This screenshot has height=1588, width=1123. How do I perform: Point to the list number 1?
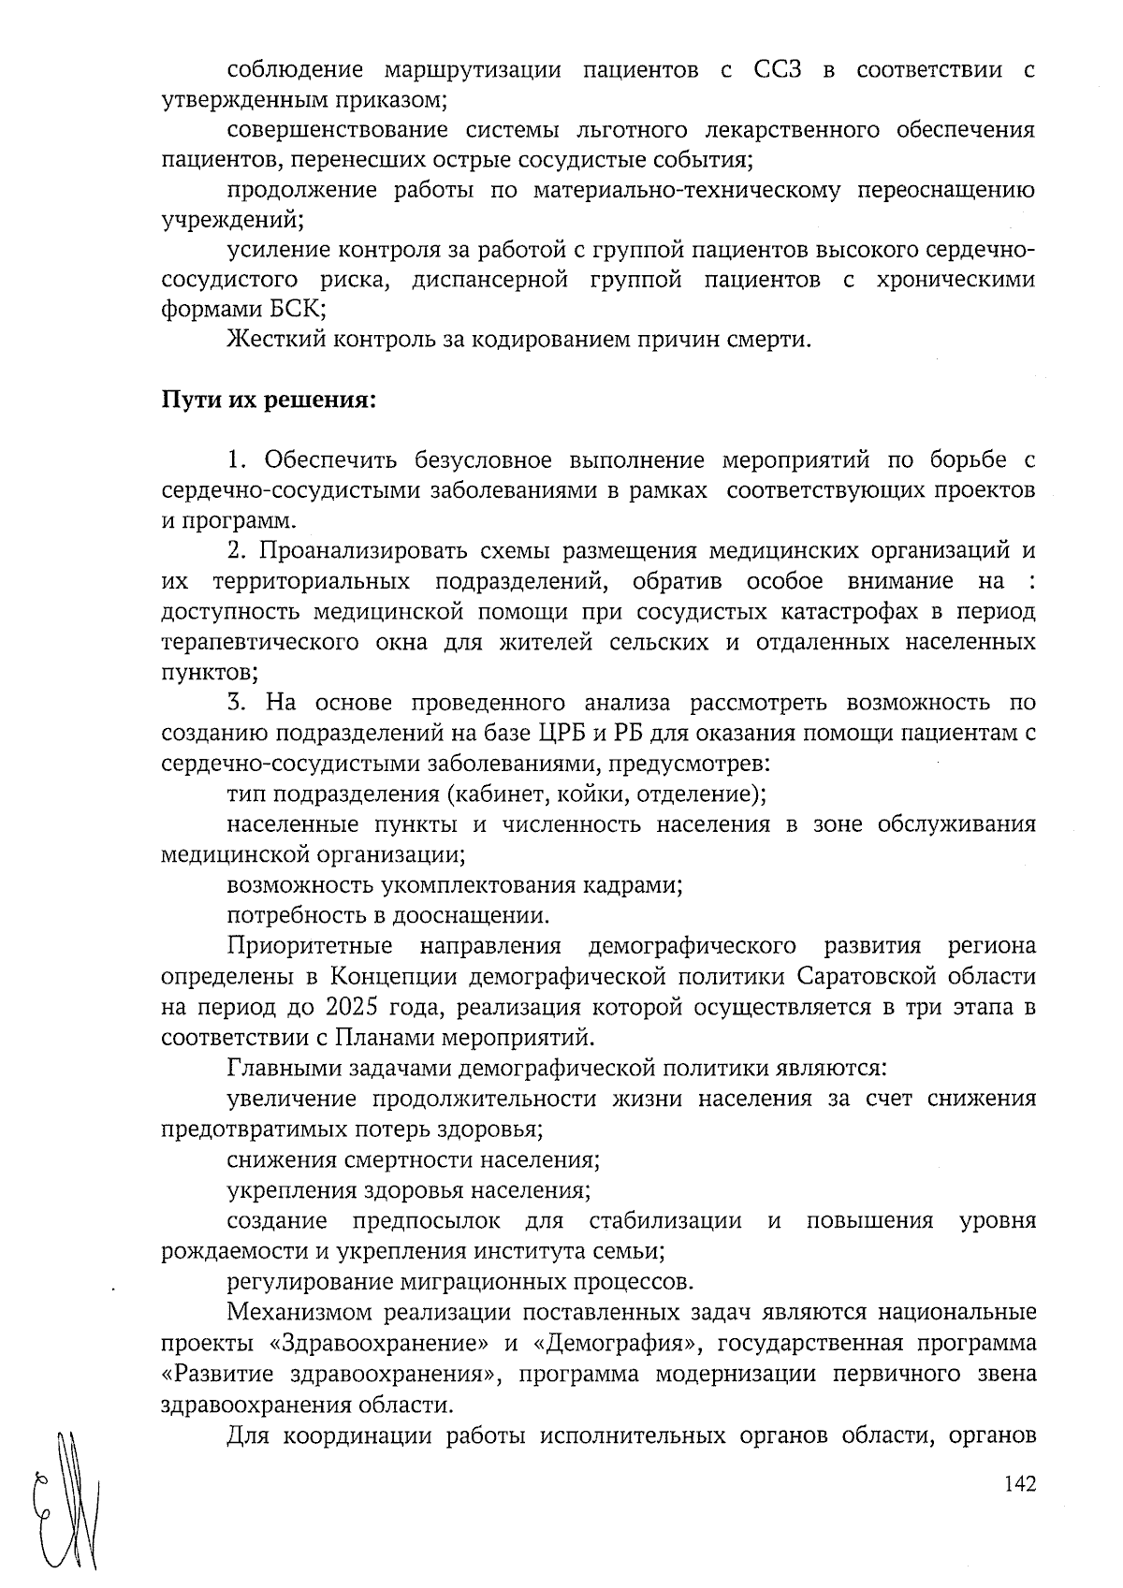coord(235,460)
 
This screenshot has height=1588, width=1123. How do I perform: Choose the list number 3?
coord(235,703)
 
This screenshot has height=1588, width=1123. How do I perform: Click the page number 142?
coord(1019,1484)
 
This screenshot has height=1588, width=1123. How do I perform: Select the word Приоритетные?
coord(310,946)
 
